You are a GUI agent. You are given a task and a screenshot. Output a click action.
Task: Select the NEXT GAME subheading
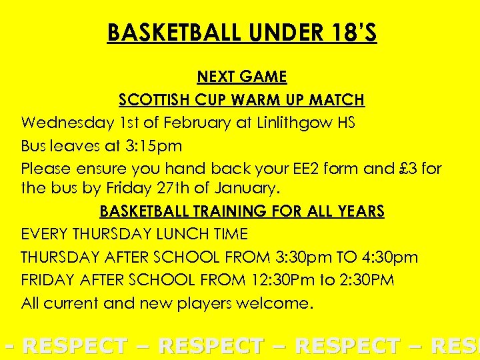tap(242, 77)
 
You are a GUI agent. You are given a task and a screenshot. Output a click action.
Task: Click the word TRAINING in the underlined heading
tap(228, 211)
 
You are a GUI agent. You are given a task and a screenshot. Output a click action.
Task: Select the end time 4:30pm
tap(387, 257)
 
